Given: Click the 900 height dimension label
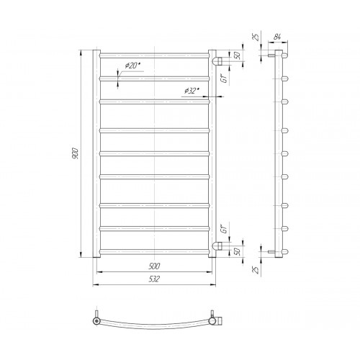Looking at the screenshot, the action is [76, 153].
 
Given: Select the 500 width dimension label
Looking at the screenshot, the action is [154, 266].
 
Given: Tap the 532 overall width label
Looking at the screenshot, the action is [154, 279].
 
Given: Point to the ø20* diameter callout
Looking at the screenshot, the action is [132, 66].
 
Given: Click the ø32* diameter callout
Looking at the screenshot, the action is [192, 91].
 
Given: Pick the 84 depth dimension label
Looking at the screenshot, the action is [277, 37].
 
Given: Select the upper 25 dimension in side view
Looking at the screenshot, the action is [256, 37].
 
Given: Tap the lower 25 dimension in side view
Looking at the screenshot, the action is [256, 270].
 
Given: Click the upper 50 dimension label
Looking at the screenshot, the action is [238, 55].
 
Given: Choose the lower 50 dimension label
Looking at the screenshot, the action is [238, 251].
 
